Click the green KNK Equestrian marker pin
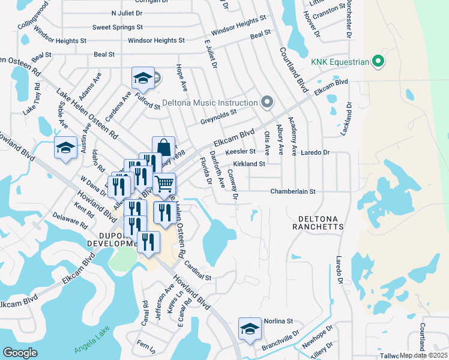coord(378,61)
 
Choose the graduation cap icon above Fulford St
coord(143,77)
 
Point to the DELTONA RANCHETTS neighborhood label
coord(318,223)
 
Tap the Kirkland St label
coord(249,164)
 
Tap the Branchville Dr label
coord(279,340)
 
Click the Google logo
coord(20,352)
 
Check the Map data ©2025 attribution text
coord(424,355)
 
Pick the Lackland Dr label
coord(346,119)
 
